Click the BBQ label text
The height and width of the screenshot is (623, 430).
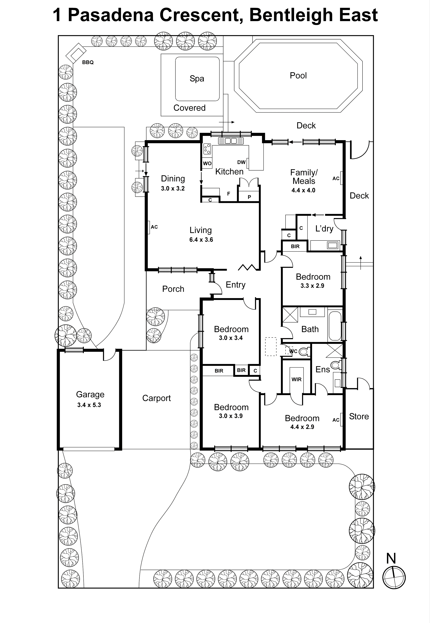88,62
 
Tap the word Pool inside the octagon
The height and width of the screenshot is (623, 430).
298,76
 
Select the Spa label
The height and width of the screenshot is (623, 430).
197,78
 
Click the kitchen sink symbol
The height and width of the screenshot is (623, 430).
231,141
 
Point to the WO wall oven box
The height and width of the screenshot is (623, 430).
207,163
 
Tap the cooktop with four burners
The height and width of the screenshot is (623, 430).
207,149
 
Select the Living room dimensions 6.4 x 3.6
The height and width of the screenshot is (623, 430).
201,240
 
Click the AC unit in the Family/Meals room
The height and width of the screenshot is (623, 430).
341,178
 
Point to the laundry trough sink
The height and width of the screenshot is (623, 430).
332,245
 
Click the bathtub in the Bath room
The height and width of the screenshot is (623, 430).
335,326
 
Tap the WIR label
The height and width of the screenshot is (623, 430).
296,380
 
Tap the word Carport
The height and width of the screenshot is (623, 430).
156,398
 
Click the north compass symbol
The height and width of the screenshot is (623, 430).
394,577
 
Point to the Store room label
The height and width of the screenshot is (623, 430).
359,416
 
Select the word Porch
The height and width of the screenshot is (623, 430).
173,289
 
